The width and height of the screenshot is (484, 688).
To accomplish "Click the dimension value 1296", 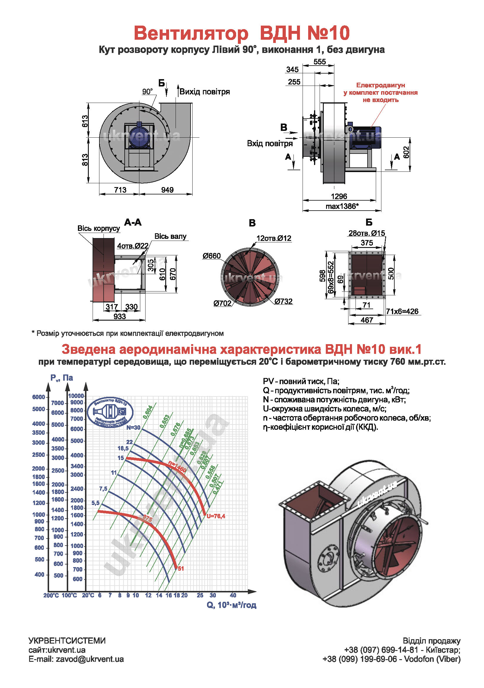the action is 339,196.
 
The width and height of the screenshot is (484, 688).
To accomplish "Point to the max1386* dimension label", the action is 342,206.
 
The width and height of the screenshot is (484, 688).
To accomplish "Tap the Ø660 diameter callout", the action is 211,256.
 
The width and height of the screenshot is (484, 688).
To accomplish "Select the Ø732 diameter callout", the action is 283,301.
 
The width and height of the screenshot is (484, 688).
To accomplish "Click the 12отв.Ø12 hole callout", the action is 274,238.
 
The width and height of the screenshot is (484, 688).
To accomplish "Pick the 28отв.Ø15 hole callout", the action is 367,233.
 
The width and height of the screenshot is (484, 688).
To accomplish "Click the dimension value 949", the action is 167,190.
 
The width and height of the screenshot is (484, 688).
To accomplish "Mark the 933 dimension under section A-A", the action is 119,316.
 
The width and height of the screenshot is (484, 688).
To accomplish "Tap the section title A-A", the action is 133,222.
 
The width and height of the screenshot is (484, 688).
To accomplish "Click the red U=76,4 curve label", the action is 216,516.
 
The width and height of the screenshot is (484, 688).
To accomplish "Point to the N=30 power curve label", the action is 133,428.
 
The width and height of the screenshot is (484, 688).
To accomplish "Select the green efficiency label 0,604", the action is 148,412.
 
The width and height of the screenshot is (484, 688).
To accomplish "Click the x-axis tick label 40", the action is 233,595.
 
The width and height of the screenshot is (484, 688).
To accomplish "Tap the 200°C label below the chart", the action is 51,595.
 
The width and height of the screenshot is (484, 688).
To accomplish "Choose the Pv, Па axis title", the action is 62,378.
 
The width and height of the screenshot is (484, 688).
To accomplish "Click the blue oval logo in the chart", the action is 111,412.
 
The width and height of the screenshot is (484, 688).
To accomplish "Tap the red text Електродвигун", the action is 380,85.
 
